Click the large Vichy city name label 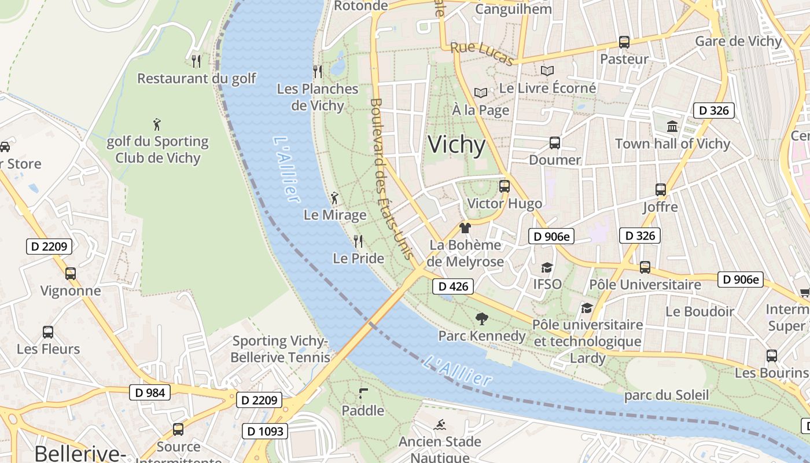pyautogui.click(x=456, y=145)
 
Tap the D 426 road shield pyautogui.click(x=453, y=286)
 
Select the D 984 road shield pyautogui.click(x=150, y=392)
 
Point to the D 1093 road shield pyautogui.click(x=266, y=431)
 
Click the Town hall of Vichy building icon pyautogui.click(x=672, y=126)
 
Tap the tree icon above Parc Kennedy pyautogui.click(x=481, y=318)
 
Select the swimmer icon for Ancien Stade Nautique pyautogui.click(x=440, y=424)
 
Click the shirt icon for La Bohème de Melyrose pyautogui.click(x=465, y=228)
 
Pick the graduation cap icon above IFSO pyautogui.click(x=547, y=267)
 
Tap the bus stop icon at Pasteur pyautogui.click(x=624, y=42)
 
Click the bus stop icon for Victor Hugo pyautogui.click(x=505, y=186)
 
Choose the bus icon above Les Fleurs pyautogui.click(x=48, y=332)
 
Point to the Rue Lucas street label pyautogui.click(x=482, y=53)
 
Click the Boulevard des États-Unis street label pyautogui.click(x=391, y=178)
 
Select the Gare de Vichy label pyautogui.click(x=738, y=41)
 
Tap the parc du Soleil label pyautogui.click(x=666, y=395)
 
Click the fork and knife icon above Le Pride pyautogui.click(x=358, y=241)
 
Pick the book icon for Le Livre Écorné pyautogui.click(x=547, y=71)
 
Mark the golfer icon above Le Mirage pyautogui.click(x=334, y=199)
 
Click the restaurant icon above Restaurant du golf pyautogui.click(x=196, y=61)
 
